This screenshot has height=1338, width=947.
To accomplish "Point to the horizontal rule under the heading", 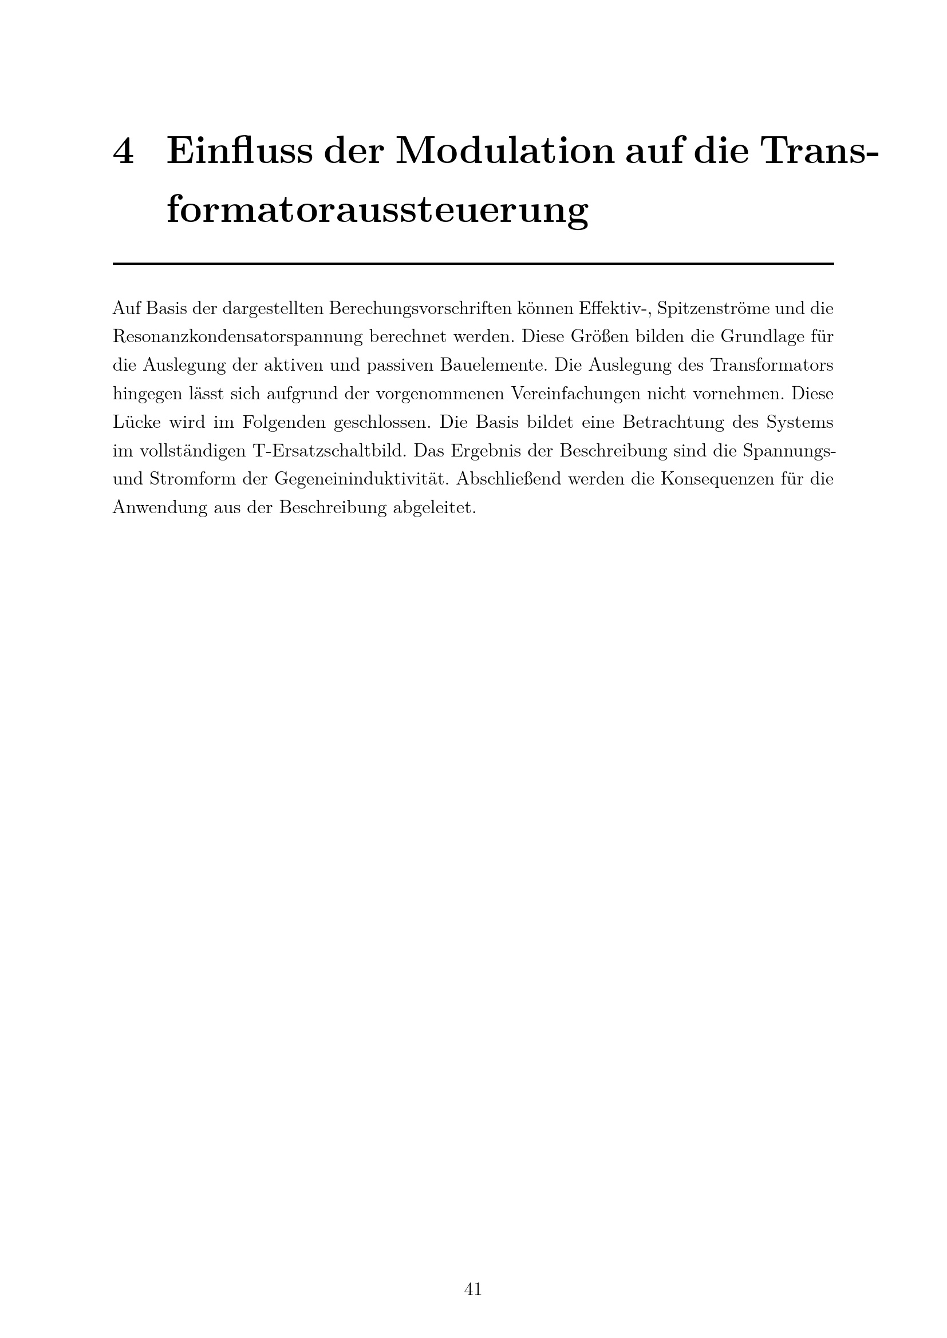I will coord(473,264).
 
